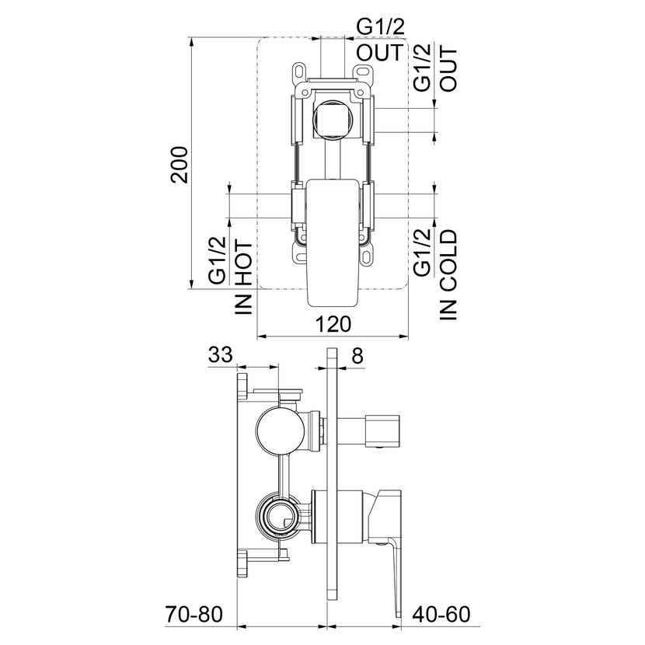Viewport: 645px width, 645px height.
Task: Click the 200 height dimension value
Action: [x=180, y=165]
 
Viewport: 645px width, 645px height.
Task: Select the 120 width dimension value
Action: [x=333, y=324]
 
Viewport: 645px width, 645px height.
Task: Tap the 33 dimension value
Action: [x=221, y=354]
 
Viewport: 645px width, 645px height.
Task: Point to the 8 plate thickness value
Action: [x=358, y=355]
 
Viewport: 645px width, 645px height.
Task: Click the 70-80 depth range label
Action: [x=193, y=615]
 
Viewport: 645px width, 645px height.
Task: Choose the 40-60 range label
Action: [x=441, y=615]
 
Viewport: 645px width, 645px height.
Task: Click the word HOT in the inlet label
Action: [x=244, y=263]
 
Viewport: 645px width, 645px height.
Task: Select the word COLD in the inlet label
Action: [x=448, y=260]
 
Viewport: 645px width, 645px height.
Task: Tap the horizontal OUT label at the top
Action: [x=380, y=53]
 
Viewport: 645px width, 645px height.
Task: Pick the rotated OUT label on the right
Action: [x=448, y=69]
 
